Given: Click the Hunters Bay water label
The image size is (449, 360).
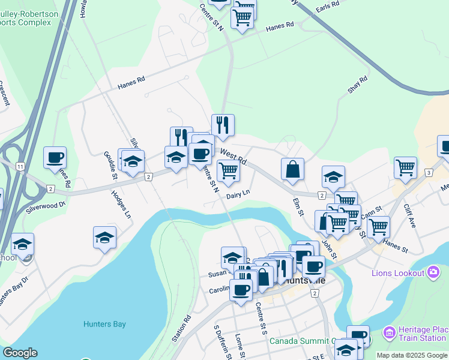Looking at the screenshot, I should [104, 324].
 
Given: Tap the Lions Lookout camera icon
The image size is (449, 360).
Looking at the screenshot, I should [432, 274].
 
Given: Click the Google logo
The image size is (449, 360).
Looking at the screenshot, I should [20, 353].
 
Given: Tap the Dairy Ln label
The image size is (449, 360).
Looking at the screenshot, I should [238, 194].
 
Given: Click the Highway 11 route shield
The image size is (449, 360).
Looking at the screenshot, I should [20, 165].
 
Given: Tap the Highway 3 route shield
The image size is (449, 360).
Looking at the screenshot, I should [429, 173].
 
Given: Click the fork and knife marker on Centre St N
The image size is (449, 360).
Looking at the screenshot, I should [223, 125].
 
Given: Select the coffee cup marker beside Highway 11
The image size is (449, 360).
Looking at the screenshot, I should [55, 157].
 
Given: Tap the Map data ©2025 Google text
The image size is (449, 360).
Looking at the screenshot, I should [411, 355].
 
